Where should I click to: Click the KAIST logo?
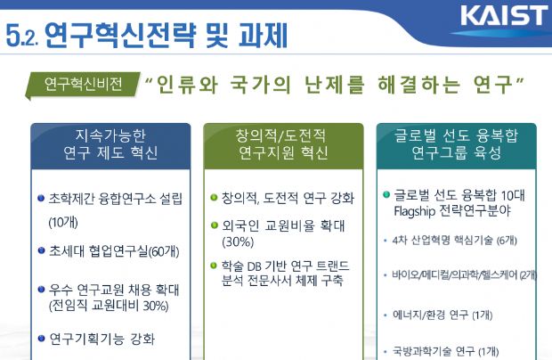pyautogui.click(x=504, y=15)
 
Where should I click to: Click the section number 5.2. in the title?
pyautogui.click(x=22, y=37)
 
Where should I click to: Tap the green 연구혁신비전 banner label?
pyautogui.click(x=83, y=84)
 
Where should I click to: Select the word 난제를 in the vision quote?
pyautogui.click(x=334, y=85)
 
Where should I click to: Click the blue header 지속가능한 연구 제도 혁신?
pyautogui.click(x=110, y=144)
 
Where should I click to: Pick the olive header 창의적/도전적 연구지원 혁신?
pyautogui.click(x=283, y=144)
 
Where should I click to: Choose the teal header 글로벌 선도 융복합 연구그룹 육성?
pyautogui.click(x=456, y=144)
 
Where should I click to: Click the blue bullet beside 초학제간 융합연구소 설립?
pyautogui.click(x=41, y=198)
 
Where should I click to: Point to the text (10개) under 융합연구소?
pyautogui.click(x=63, y=222)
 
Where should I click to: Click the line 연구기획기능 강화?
pyautogui.click(x=102, y=339)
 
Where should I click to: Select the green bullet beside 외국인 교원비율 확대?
pyautogui.click(x=214, y=225)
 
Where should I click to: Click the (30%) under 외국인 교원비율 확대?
pyautogui.click(x=238, y=242)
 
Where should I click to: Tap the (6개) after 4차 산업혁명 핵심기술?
pyautogui.click(x=507, y=241)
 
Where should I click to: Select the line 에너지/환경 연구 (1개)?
pyautogui.click(x=442, y=315)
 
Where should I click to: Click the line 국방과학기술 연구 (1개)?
pyautogui.click(x=446, y=351)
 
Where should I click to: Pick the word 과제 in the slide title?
pyautogui.click(x=264, y=35)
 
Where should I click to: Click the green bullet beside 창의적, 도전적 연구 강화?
pyautogui.click(x=214, y=197)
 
